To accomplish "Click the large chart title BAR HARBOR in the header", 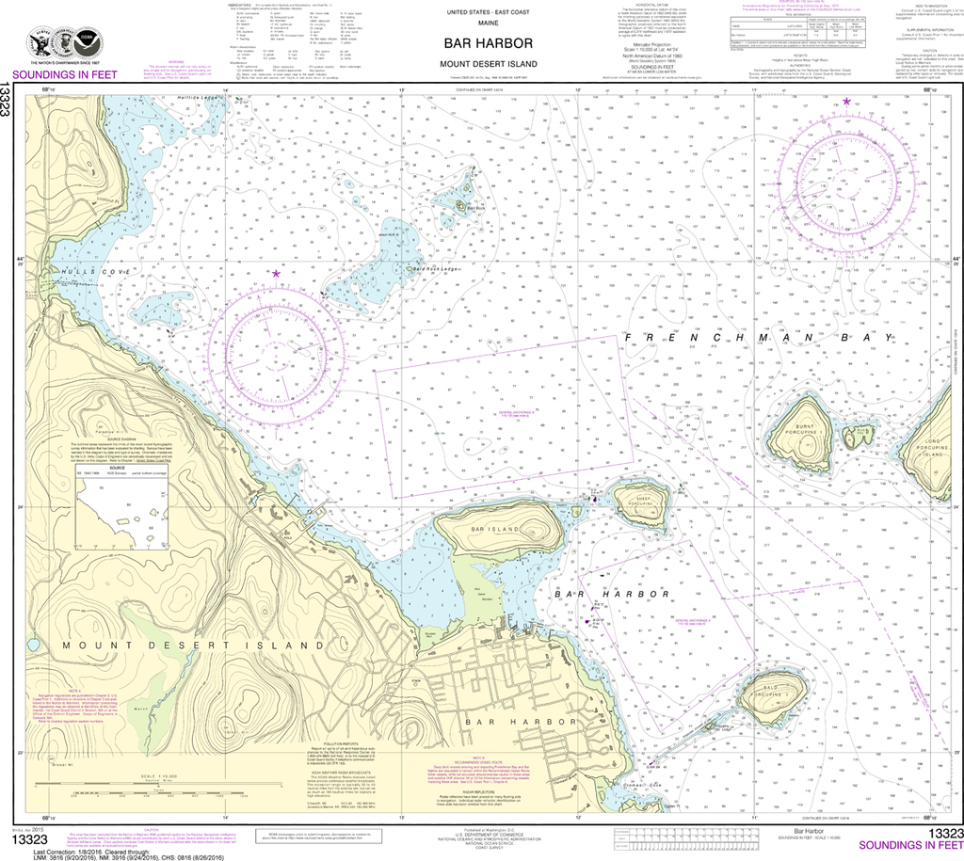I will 489,43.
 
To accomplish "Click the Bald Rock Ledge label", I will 436,269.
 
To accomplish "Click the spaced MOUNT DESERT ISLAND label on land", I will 193,645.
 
